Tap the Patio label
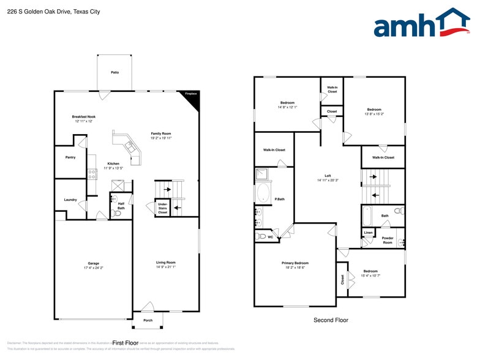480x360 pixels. point(114,72)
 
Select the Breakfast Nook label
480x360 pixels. point(83,116)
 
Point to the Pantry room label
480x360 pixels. point(70,157)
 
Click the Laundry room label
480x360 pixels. point(70,200)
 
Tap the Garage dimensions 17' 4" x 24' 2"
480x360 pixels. point(93,268)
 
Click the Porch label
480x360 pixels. point(148,320)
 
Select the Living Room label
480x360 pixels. point(165,262)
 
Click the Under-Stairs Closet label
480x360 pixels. point(162,208)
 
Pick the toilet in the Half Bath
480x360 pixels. point(117,213)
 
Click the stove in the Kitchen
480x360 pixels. point(92,173)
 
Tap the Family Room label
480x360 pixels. point(162,133)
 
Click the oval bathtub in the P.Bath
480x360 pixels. point(263,193)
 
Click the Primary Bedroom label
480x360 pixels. point(294,263)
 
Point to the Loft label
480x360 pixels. point(328,176)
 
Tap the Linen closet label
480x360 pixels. point(368,233)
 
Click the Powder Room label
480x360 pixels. point(387,240)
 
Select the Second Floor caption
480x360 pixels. point(331,320)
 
